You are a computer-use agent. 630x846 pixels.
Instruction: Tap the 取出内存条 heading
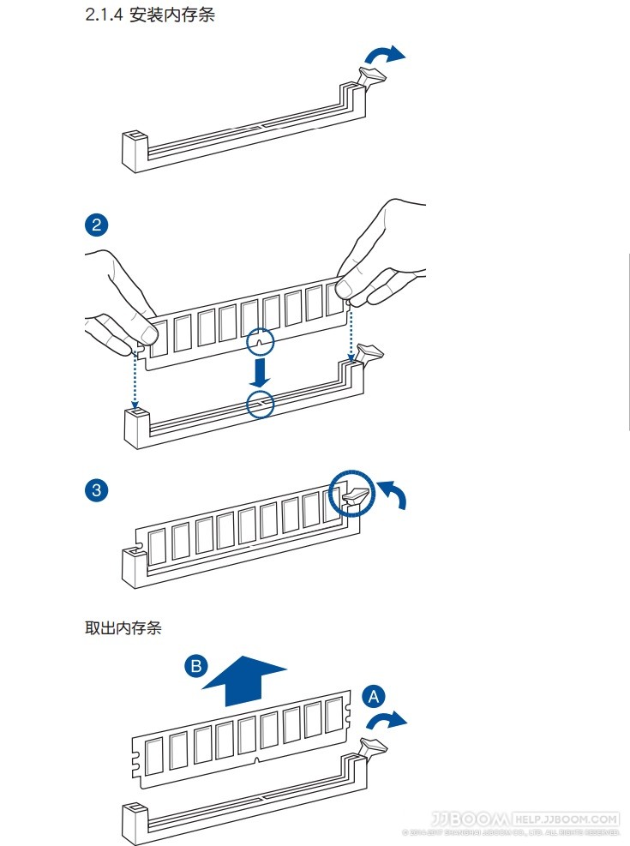[123, 627]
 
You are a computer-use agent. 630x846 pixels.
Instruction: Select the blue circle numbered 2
[96, 225]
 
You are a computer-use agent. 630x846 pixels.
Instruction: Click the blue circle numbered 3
[96, 490]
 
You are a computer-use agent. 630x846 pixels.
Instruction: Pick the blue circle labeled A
[374, 696]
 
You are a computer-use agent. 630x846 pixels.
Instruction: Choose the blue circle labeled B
[196, 666]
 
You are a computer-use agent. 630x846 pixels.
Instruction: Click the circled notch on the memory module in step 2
[261, 342]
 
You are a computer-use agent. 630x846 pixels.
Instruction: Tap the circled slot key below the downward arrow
[260, 403]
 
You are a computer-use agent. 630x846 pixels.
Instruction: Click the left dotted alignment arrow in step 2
[135, 377]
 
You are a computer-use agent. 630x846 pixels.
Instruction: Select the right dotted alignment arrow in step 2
[351, 330]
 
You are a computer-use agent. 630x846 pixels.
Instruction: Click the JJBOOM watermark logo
[471, 819]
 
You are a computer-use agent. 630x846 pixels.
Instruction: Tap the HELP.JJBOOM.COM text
[566, 819]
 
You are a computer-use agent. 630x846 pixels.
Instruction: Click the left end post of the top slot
[135, 149]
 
